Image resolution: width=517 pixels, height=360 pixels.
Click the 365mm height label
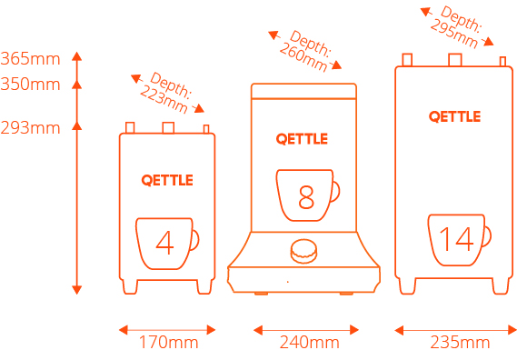point(30,59)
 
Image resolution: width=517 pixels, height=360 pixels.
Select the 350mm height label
point(30,85)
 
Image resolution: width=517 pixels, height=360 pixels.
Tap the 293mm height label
point(30,127)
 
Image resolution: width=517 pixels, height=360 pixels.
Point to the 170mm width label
point(168,342)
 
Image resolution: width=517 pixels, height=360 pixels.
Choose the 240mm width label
point(309,342)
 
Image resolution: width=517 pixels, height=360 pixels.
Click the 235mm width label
point(460,342)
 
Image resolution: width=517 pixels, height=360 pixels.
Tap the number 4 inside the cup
point(164,243)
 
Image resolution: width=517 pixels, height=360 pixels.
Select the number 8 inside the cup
point(306,197)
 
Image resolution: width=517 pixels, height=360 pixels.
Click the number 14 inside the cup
point(457,239)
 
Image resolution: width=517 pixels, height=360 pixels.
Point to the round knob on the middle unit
point(303,251)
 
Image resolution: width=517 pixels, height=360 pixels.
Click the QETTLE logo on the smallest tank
point(167,181)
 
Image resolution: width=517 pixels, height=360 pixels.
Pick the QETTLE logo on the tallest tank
point(454,116)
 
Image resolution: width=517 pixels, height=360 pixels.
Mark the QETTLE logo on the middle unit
point(302,139)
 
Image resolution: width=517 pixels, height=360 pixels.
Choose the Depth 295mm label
point(457,27)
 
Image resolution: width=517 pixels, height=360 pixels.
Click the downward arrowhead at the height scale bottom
point(77,290)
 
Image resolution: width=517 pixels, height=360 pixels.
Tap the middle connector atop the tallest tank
point(455,60)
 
